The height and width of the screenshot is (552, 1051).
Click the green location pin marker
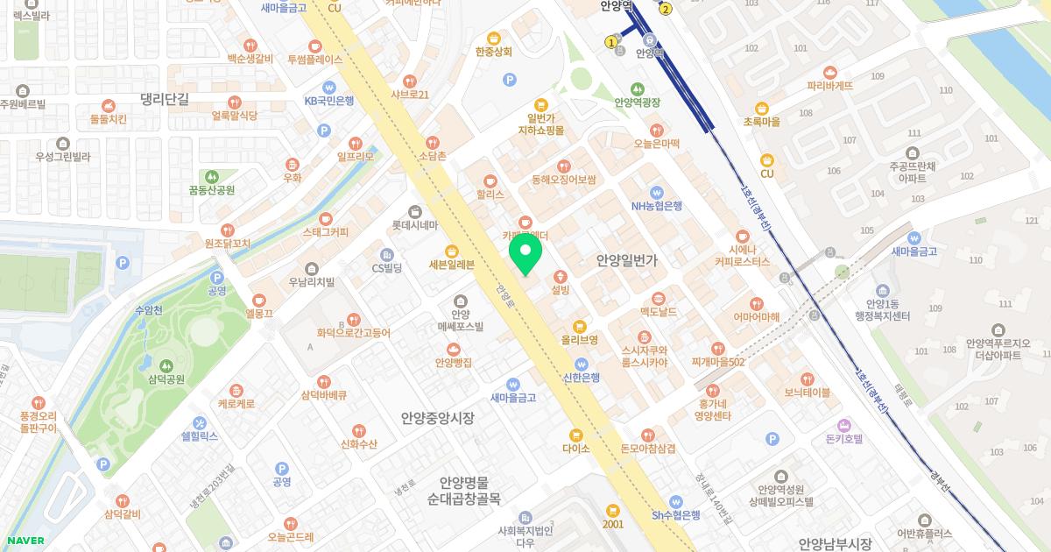(525, 253)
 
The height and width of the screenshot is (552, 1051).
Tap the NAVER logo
(24, 541)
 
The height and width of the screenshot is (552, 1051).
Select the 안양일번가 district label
(626, 260)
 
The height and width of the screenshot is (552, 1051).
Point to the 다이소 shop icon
(575, 435)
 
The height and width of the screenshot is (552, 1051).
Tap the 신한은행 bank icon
(581, 364)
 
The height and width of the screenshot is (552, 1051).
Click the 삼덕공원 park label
(166, 379)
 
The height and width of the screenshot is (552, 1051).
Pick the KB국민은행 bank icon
(329, 87)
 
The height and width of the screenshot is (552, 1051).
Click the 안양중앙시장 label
(437, 419)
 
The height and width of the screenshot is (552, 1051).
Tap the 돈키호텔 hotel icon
(844, 424)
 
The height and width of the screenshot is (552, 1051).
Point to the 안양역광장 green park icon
(637, 88)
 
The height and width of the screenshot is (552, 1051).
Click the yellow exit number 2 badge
(666, 10)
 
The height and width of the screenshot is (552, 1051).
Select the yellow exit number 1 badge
(610, 41)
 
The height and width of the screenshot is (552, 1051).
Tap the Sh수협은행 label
(675, 515)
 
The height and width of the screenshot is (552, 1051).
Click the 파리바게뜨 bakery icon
(830, 73)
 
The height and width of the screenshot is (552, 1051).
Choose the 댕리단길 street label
(164, 99)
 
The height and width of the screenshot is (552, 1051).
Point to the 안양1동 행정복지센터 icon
(882, 292)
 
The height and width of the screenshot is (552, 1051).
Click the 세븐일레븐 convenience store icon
(452, 251)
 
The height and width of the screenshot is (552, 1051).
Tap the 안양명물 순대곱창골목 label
(463, 491)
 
